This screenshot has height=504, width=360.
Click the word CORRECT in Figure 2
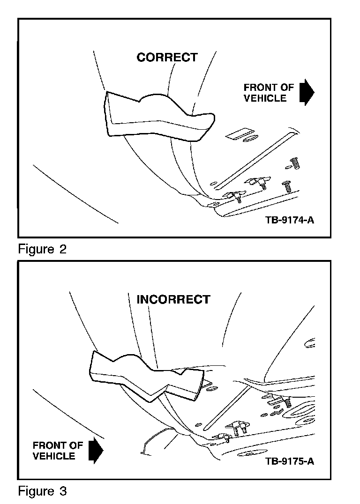click(x=167, y=58)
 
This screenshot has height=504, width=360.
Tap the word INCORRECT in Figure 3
click(x=173, y=299)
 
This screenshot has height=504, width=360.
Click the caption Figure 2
click(x=42, y=249)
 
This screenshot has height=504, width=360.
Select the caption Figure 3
click(x=42, y=491)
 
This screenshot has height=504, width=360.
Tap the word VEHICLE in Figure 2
click(x=265, y=98)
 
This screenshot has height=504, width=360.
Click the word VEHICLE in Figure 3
click(x=54, y=456)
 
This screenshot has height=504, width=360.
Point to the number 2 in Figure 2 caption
click(x=62, y=249)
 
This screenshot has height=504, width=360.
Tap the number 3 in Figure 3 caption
click(x=62, y=491)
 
